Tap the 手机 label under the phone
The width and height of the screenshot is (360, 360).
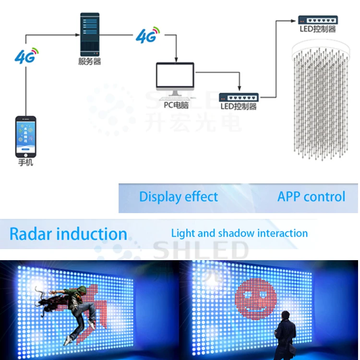coord(25,163)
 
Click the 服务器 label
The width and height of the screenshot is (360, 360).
coord(89,62)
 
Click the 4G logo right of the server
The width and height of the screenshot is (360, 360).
coord(147,35)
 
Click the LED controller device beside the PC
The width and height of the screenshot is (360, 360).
coord(239,97)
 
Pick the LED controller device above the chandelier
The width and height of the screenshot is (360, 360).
coord(318,20)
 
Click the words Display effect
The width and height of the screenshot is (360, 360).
coord(179,197)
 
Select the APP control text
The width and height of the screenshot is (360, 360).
coord(311,197)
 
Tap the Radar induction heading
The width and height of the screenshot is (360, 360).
coord(68,234)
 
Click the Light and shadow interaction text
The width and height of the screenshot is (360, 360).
coord(240,234)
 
